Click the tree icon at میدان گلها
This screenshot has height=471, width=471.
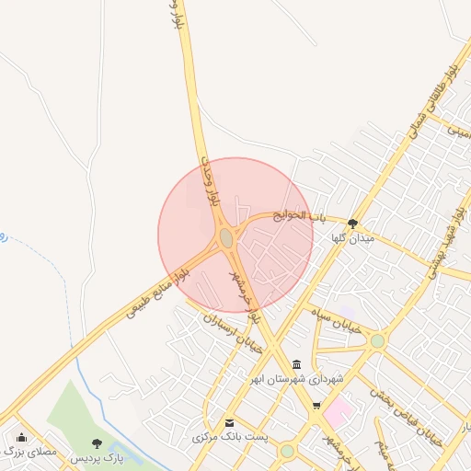[x=352, y=223]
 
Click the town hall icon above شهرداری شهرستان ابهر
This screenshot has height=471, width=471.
[x=295, y=364]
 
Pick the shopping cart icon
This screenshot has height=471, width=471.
[x=317, y=406]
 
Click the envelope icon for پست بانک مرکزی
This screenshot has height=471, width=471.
[x=229, y=422]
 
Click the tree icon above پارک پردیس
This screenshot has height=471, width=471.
[x=98, y=442]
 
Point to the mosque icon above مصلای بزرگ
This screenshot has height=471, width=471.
[x=22, y=438]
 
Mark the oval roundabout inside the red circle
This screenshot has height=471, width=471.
[x=226, y=239]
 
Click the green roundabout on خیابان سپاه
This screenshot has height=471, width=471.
[x=377, y=341]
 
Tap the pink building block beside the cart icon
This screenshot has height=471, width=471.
[x=336, y=411]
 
